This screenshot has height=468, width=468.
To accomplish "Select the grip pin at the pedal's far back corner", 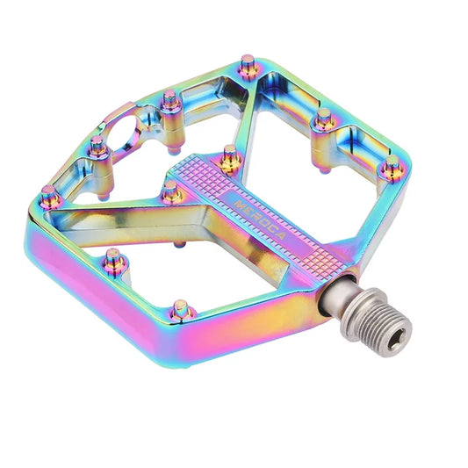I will coord(248,63).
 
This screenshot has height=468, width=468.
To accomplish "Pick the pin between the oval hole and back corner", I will coord(172,101).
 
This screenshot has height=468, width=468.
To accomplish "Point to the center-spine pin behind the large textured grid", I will coord(231,155).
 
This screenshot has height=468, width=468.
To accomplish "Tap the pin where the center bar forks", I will coord(172,191).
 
